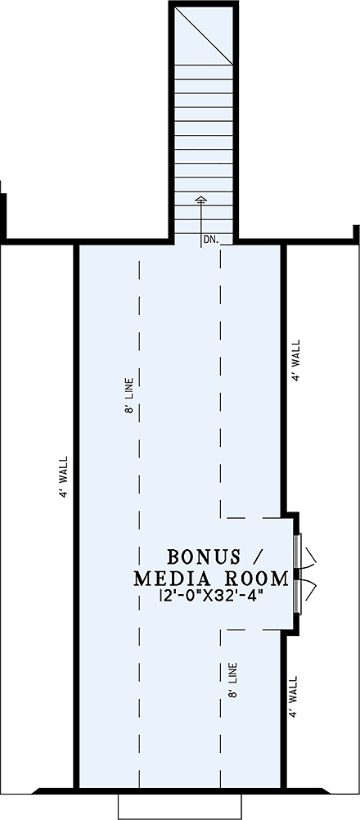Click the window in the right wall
tap(298, 574)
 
